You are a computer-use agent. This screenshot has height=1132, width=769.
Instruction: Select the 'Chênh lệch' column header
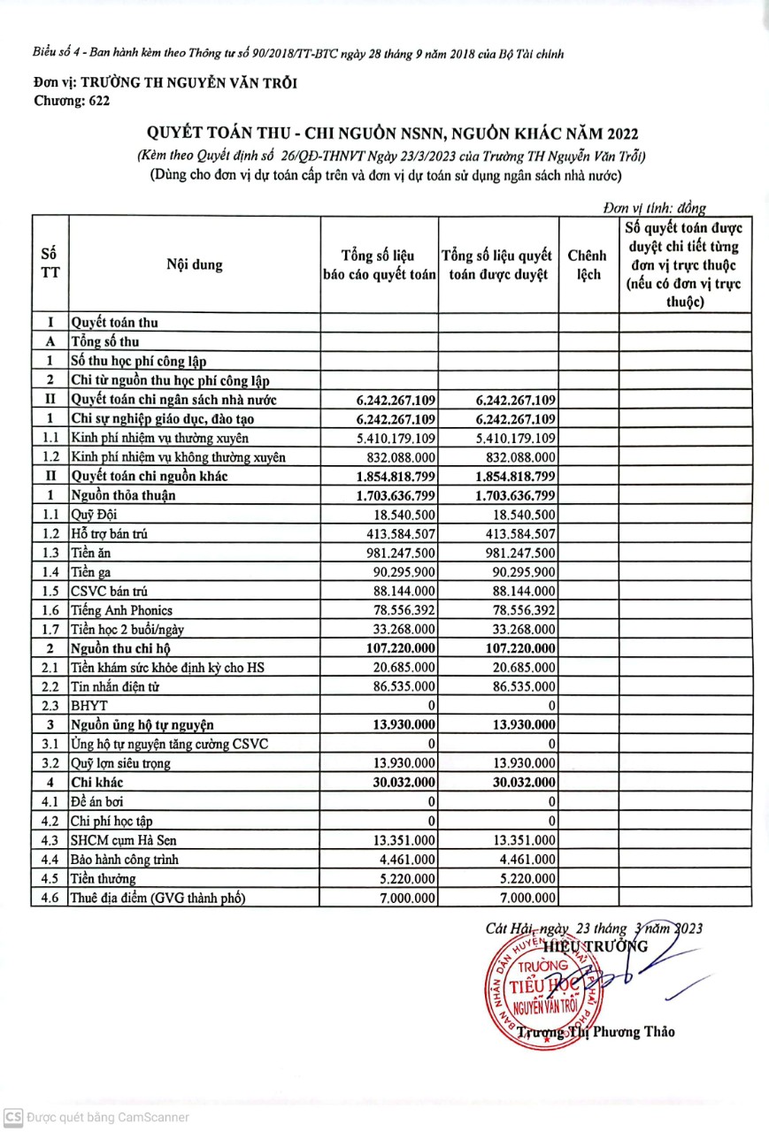tap(588, 264)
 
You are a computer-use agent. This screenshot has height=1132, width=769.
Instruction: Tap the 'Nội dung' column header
tap(194, 264)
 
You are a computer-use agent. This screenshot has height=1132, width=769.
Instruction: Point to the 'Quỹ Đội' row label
tap(93, 514)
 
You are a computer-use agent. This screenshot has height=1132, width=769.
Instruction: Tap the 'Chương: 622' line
tap(72, 102)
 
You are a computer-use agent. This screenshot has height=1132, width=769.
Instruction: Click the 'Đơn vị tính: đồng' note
tap(654, 208)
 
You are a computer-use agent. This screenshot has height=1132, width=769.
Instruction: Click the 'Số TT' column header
tap(50, 263)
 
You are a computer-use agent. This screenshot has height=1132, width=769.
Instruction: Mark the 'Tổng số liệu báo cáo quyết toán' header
tap(380, 264)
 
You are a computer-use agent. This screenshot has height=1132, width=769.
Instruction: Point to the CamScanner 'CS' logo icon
tap(12, 1117)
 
